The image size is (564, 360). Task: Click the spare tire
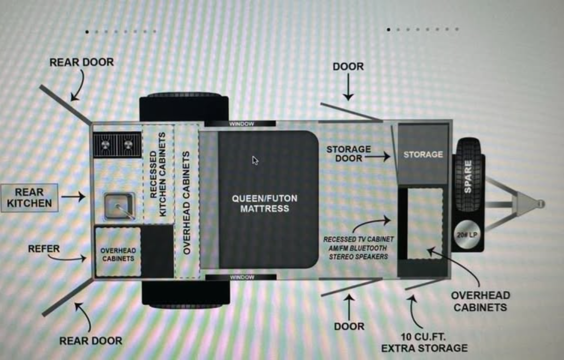(x=468, y=175)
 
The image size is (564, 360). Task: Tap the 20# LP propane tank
(x=467, y=235)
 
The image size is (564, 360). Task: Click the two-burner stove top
(x=117, y=145)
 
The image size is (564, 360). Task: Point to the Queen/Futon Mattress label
(x=265, y=204)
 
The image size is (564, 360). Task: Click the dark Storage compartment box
(x=423, y=154)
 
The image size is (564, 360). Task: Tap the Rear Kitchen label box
(x=29, y=198)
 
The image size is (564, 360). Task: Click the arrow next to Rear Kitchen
(x=73, y=197)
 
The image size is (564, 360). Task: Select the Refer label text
(x=44, y=249)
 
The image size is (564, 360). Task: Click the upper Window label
(x=241, y=124)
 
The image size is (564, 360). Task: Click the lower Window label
(x=242, y=277)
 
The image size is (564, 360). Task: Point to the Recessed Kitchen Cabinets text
(x=157, y=174)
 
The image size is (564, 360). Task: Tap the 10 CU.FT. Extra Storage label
(x=425, y=343)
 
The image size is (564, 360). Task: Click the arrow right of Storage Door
(x=378, y=157)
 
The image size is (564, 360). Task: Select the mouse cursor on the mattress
(x=255, y=160)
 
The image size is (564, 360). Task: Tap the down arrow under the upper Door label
(x=348, y=87)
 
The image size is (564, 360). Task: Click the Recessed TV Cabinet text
(x=358, y=239)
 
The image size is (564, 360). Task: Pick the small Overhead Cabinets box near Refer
(x=118, y=252)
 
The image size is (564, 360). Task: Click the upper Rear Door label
(x=82, y=62)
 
